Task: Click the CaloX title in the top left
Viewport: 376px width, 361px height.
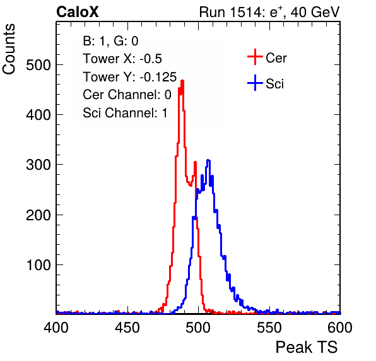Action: tap(77, 12)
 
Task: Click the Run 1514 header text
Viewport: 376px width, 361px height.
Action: tap(269, 12)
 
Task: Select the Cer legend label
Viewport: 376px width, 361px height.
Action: tap(276, 58)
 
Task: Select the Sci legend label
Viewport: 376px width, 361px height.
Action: tap(274, 84)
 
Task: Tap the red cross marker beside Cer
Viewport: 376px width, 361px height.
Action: tap(255, 57)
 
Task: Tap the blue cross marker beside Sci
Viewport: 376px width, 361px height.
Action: tap(255, 83)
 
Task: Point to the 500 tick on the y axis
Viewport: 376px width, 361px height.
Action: tap(38, 65)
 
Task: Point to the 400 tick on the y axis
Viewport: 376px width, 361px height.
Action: tap(38, 115)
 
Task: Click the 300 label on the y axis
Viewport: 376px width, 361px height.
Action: tap(38, 165)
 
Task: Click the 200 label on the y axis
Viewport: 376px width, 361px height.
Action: tap(38, 215)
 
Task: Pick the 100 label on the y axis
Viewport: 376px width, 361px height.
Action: tap(38, 265)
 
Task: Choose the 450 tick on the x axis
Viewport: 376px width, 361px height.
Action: tap(127, 327)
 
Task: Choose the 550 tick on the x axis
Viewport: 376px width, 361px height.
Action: tap(269, 327)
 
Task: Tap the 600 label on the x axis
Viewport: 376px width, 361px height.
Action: tap(340, 327)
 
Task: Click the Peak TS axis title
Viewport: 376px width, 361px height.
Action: tap(307, 347)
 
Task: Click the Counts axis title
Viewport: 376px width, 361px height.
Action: tap(9, 49)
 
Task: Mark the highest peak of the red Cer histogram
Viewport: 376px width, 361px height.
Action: tap(182, 81)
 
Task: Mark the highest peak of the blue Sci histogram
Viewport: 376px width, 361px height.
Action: tap(208, 160)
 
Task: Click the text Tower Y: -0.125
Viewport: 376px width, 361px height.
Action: tap(130, 77)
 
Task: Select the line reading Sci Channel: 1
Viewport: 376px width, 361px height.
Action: tap(125, 113)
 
